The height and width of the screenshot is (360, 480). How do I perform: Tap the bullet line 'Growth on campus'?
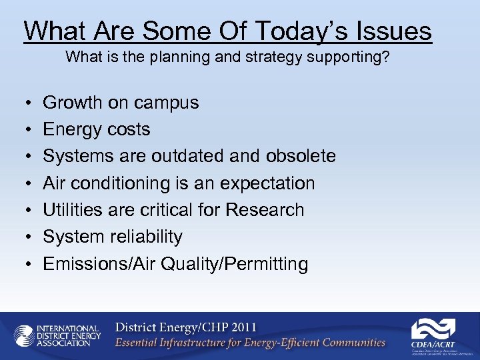click(x=121, y=103)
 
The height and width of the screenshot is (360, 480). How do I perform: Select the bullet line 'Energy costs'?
click(x=97, y=129)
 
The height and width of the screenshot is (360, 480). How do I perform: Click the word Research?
click(x=265, y=210)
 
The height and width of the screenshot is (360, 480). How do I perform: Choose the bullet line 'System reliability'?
click(x=113, y=237)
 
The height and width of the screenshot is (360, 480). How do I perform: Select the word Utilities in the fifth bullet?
click(x=66, y=210)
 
